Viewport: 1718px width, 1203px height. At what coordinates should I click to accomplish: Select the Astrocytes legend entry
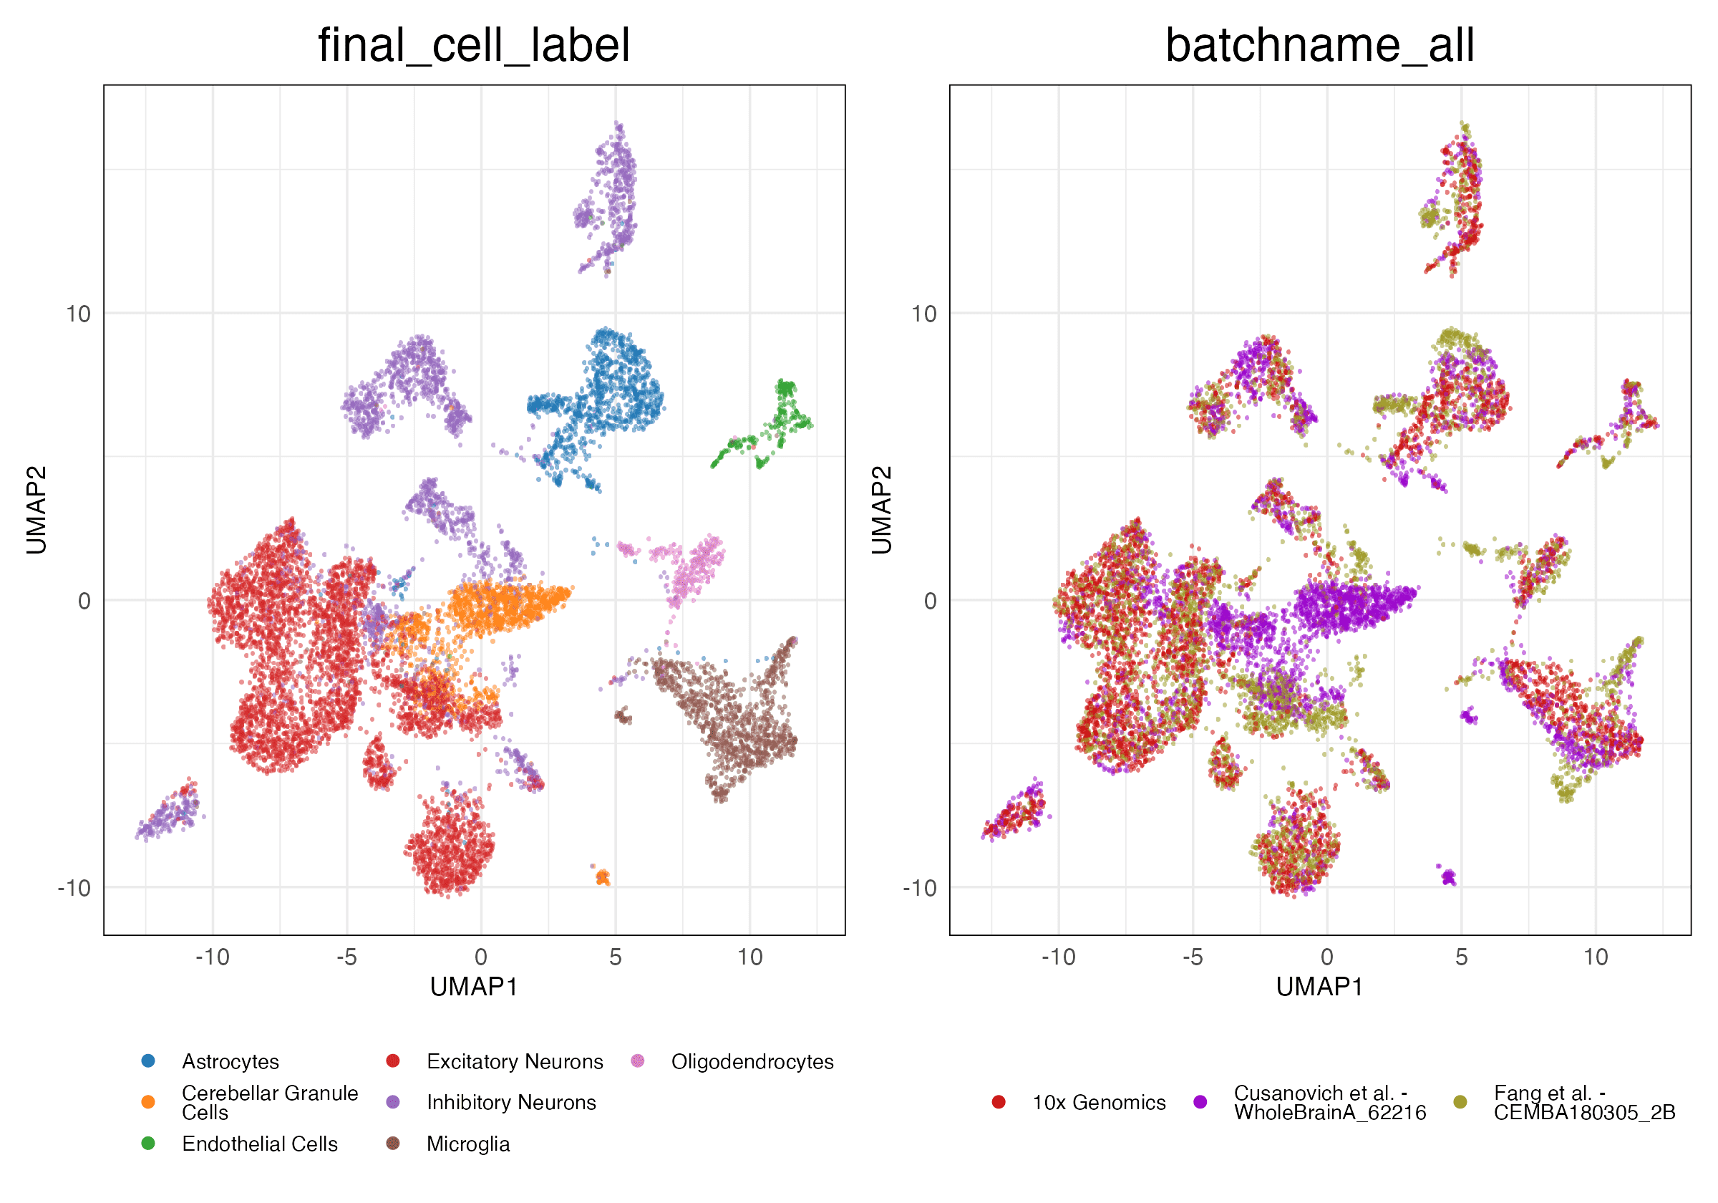(x=230, y=1061)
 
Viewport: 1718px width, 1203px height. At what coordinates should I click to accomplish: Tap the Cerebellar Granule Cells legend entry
(x=269, y=1103)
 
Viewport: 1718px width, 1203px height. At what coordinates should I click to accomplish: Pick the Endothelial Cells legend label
(x=260, y=1144)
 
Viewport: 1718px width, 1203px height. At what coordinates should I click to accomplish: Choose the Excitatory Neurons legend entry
(x=514, y=1061)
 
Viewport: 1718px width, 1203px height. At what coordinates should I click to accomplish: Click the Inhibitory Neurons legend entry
(x=511, y=1103)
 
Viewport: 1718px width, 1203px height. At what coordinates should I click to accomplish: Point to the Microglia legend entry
(x=467, y=1144)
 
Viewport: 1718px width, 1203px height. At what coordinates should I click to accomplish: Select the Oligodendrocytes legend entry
(x=752, y=1061)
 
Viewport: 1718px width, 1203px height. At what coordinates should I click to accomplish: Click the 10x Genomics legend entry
(x=1098, y=1103)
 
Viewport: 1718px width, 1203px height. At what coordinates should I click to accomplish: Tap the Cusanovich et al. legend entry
(x=1329, y=1103)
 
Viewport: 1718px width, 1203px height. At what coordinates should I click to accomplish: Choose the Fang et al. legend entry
(x=1584, y=1103)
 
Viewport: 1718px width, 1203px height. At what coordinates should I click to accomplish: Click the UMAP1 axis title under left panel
(x=474, y=987)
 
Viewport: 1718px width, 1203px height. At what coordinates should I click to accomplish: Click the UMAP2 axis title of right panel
(x=882, y=510)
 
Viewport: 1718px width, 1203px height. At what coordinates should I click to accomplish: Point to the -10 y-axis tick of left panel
(x=74, y=888)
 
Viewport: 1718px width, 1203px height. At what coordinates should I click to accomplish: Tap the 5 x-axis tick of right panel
(x=1460, y=957)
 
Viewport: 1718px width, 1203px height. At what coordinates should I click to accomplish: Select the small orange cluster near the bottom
(x=602, y=876)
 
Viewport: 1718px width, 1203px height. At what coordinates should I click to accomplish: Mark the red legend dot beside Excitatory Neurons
(x=393, y=1061)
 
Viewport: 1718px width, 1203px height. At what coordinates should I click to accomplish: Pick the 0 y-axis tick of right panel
(x=930, y=600)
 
